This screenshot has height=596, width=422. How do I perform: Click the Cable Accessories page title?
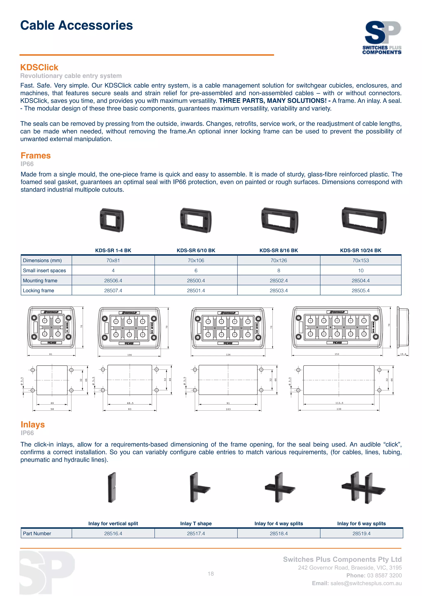(76, 26)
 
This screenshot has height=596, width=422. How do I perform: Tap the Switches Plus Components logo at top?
(382, 37)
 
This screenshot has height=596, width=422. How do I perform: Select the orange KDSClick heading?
(39, 68)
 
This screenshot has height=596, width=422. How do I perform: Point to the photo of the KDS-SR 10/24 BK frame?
(364, 221)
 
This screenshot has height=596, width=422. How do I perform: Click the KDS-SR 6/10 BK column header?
(196, 250)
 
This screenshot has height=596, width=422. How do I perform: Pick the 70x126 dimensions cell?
(279, 260)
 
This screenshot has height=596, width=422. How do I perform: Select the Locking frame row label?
(39, 290)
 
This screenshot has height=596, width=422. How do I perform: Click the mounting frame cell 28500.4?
(196, 281)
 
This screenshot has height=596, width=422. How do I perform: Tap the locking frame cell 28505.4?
(360, 290)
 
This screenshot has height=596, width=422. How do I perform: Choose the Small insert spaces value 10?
(361, 270)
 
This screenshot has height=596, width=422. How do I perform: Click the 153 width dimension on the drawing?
(337, 354)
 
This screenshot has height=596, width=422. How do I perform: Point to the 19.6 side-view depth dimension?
(403, 354)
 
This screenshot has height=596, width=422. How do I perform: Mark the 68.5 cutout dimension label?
(130, 403)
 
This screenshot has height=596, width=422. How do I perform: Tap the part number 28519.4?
(361, 533)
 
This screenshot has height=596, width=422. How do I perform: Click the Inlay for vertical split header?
(113, 524)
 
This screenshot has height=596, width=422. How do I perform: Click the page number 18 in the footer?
(211, 574)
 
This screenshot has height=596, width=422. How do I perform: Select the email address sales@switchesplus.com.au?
(366, 583)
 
